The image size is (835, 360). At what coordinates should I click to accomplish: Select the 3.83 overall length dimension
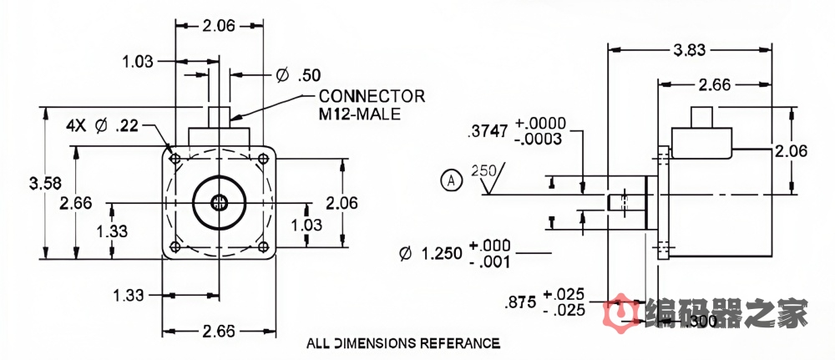tap(687, 50)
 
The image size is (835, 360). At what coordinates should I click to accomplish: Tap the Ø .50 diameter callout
tap(298, 74)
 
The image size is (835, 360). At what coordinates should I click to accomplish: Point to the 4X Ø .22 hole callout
tap(103, 126)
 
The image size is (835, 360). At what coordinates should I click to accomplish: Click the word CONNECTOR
tap(372, 96)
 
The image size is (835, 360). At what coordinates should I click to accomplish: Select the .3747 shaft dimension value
tap(488, 130)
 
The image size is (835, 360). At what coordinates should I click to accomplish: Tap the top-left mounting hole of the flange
tap(174, 158)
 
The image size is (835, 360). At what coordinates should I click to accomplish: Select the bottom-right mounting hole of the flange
tap(264, 247)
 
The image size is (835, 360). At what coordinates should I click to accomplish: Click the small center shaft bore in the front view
tap(219, 202)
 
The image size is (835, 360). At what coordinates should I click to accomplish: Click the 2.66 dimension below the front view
tap(219, 332)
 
